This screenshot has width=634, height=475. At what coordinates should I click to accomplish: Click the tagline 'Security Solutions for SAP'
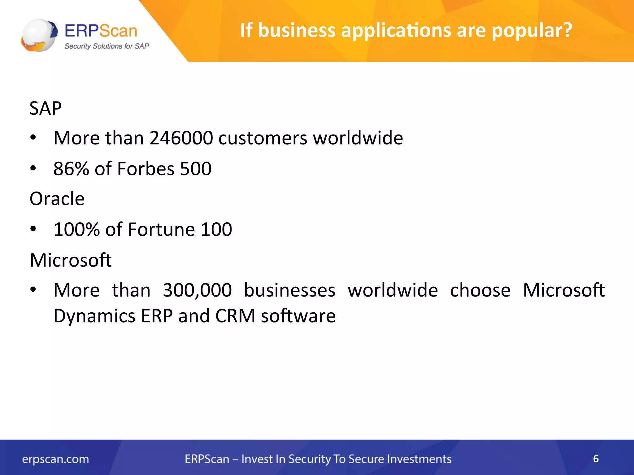tap(106, 46)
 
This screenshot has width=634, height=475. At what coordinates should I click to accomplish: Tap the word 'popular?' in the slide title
tap(532, 31)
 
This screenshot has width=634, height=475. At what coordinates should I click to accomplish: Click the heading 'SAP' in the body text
tap(46, 108)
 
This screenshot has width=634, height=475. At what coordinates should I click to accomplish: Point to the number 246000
tap(181, 138)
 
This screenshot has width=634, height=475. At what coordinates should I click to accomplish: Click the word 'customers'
tap(263, 138)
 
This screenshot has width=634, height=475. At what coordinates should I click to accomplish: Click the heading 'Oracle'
tap(57, 199)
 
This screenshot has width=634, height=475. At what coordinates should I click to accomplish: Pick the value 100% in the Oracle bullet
tap(76, 229)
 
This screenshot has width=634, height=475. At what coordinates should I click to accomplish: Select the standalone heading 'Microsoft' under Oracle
tap(71, 260)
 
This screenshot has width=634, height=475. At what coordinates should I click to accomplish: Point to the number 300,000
tap(197, 290)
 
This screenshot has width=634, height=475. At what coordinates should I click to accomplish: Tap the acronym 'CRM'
tap(235, 316)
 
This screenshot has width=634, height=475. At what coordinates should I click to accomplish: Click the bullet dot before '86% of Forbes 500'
tap(33, 168)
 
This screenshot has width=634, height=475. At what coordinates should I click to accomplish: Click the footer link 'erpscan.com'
tap(55, 459)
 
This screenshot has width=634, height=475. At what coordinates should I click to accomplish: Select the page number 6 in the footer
tap(596, 459)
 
